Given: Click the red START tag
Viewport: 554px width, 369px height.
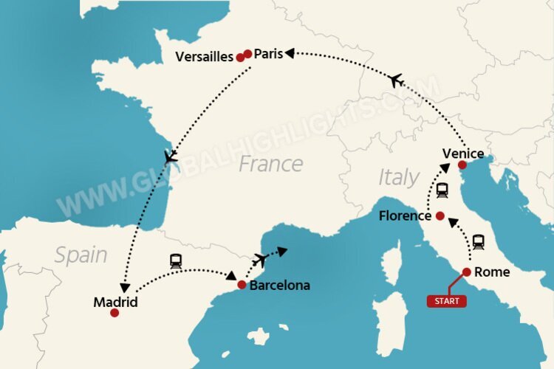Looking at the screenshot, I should pos(447,300).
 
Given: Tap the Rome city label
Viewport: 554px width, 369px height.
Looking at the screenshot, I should pos(492,272).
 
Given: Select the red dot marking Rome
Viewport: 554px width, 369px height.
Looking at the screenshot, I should pos(467,272).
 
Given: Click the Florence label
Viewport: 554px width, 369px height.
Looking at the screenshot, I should pos(404,216).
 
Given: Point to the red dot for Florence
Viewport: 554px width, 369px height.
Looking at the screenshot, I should pos(440,216).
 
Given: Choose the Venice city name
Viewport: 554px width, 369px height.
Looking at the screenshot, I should pos(463,154).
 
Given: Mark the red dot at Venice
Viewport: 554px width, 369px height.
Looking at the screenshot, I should pos(462,165).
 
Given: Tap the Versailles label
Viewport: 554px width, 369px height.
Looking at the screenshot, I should pos(205,57).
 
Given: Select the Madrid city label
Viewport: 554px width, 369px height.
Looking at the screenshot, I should pos(115,301).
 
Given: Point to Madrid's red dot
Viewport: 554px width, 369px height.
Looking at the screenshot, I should pos(114,313).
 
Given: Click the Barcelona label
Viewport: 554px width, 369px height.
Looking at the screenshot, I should pos(280,285).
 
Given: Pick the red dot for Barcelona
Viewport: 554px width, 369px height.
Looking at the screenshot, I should pos(242,284).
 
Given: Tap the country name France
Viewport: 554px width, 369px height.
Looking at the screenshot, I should pos(270,163).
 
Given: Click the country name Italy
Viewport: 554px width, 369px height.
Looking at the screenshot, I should pos(398,177).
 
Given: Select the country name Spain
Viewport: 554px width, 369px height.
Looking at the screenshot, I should pos(81,255).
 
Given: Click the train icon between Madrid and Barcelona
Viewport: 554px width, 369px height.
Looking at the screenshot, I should pos(176,260).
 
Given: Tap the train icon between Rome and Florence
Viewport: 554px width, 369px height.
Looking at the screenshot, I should pos(479,241).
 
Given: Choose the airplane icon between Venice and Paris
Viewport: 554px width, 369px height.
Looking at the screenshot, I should pos(397,80).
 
